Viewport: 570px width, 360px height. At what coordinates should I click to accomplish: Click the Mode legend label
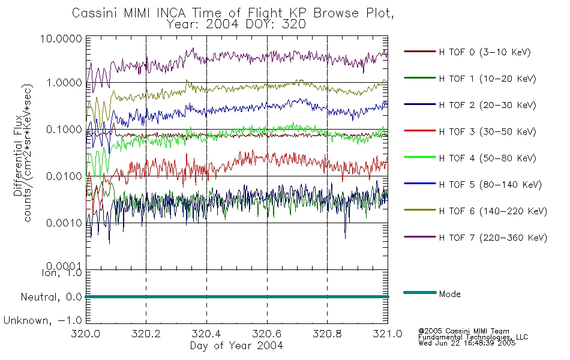(x=449, y=294)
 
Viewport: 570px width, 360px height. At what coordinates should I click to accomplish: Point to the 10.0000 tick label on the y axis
(x=61, y=38)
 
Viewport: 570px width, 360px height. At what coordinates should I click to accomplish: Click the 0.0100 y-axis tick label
(x=64, y=176)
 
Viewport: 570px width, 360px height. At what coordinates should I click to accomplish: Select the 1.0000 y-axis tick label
(x=64, y=83)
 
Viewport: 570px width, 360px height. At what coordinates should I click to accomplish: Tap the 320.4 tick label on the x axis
(x=206, y=334)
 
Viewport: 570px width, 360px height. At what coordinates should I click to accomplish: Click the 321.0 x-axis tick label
(x=388, y=334)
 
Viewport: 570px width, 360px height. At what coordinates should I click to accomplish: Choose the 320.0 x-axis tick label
(x=86, y=334)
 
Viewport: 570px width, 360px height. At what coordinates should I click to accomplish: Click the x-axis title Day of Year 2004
(x=236, y=346)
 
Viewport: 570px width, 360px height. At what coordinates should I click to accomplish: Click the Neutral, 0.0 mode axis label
(x=51, y=298)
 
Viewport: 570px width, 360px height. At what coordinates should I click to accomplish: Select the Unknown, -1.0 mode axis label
(x=43, y=321)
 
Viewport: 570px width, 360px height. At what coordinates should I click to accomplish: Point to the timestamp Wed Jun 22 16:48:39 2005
(x=467, y=343)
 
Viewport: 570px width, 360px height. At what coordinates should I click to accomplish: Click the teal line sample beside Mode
(x=420, y=293)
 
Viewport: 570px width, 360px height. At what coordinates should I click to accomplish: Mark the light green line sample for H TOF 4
(x=420, y=157)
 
